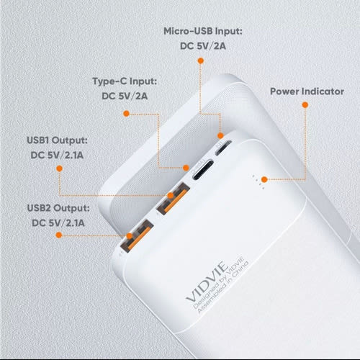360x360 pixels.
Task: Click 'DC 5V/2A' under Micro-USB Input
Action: pyautogui.click(x=202, y=48)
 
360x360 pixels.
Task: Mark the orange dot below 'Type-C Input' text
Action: pyautogui.click(x=126, y=113)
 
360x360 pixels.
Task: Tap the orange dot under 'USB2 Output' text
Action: pyautogui.click(x=50, y=235)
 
